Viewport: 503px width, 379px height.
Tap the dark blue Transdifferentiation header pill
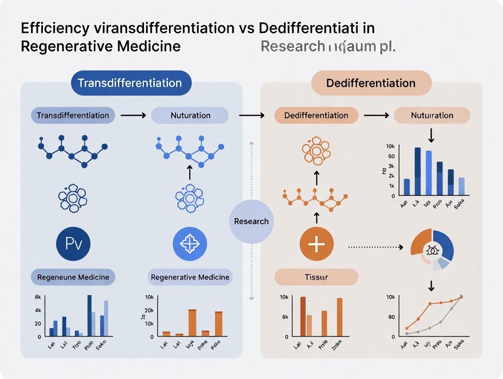[130, 83]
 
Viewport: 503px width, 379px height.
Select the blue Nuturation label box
[190, 115]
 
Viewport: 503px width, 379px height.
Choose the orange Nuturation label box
[432, 115]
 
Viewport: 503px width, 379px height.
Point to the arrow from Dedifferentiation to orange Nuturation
[376, 115]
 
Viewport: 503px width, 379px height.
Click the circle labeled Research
[251, 221]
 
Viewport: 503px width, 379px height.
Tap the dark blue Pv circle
[73, 244]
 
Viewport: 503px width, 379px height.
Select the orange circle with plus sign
[316, 244]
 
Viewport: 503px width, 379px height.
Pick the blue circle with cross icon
[190, 244]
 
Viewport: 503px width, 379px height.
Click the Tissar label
[316, 277]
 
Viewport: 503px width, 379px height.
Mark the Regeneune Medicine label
[73, 277]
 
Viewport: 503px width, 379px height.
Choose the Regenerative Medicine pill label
[190, 277]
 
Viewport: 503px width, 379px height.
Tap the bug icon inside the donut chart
[432, 250]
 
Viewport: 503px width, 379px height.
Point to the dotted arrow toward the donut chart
[375, 247]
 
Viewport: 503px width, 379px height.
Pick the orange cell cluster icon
[316, 150]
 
